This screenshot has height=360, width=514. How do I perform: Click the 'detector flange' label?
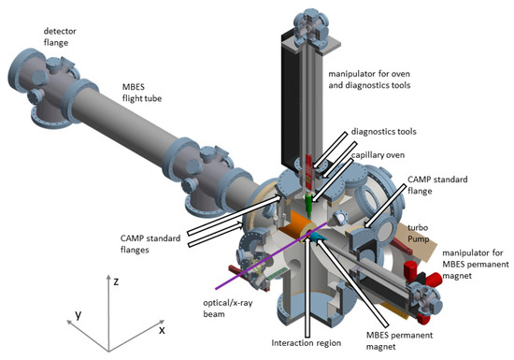[60, 36]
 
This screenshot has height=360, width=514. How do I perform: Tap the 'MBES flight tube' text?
[142, 93]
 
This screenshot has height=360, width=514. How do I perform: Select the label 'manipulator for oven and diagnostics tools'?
[369, 79]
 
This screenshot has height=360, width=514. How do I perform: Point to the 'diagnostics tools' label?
[383, 132]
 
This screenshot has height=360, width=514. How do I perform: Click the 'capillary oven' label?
[378, 155]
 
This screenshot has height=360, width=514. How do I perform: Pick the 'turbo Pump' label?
[418, 233]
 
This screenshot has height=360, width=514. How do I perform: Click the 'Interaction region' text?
[307, 343]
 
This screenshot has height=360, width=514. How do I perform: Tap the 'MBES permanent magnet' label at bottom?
[399, 340]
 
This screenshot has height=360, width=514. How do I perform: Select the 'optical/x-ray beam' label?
[228, 309]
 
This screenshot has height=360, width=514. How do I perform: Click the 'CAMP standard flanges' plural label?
[150, 244]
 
